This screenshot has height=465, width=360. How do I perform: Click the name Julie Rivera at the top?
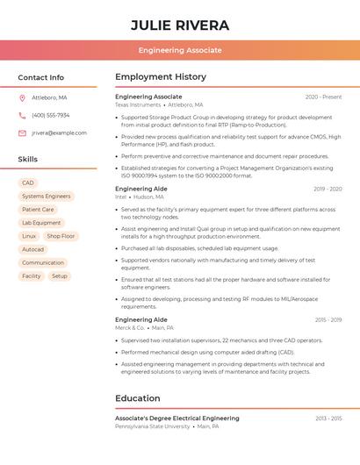click(x=180, y=25)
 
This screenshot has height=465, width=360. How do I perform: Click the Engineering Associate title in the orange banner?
click(x=180, y=50)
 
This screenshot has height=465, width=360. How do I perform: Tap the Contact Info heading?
click(x=41, y=77)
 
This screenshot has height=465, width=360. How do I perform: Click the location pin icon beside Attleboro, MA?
click(x=22, y=97)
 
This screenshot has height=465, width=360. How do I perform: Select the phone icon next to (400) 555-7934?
click(x=22, y=115)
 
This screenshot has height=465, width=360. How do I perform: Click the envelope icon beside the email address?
click(x=22, y=132)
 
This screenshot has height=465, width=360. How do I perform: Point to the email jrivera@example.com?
click(x=59, y=132)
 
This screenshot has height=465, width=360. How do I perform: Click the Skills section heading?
click(x=28, y=159)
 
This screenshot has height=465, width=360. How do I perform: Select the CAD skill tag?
click(x=27, y=183)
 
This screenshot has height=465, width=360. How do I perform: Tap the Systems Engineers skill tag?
click(x=47, y=197)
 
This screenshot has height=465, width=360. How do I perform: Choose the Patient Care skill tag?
click(x=38, y=210)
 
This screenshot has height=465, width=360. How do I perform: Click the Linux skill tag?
click(x=29, y=236)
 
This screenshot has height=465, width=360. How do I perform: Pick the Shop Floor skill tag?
click(x=61, y=236)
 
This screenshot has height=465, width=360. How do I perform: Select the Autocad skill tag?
click(x=32, y=249)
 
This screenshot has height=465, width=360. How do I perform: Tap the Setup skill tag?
click(x=59, y=275)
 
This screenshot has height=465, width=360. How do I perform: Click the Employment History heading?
click(x=161, y=77)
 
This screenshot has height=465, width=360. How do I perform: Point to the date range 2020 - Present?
click(x=323, y=97)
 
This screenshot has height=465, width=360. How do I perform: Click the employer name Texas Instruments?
click(x=138, y=104)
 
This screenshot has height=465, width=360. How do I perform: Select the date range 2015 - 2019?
click(x=328, y=320)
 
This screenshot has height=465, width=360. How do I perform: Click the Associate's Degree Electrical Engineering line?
click(x=177, y=418)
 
